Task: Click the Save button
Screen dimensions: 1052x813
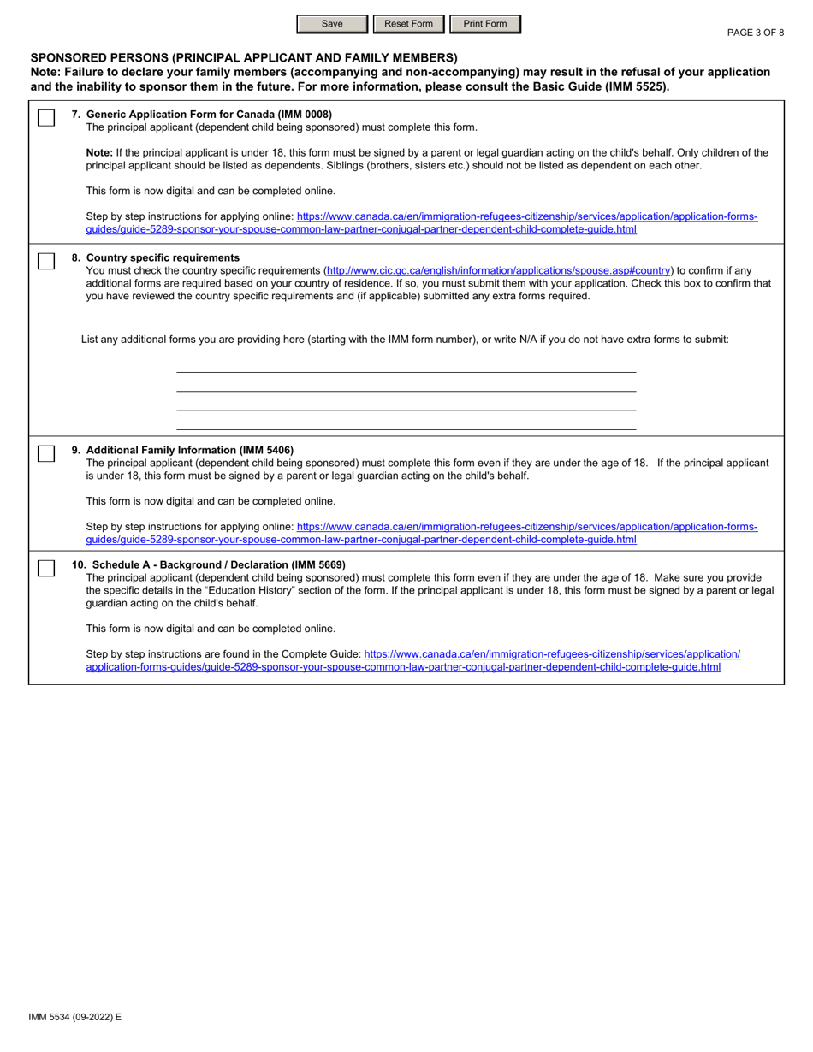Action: point(332,24)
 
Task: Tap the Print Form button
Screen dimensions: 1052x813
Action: point(484,24)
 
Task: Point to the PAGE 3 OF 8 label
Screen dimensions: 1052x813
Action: point(755,33)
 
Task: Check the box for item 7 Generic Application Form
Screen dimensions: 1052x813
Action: point(47,118)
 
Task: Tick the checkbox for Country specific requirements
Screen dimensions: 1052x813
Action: point(47,262)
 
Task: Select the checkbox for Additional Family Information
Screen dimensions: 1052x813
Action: point(47,454)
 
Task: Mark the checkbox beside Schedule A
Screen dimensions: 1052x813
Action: point(47,569)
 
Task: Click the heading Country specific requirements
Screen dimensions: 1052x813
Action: point(163,257)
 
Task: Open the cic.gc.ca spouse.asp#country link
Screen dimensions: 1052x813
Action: point(499,270)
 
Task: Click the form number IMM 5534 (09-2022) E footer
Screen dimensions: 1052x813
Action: point(75,1017)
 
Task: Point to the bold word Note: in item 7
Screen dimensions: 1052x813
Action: point(99,152)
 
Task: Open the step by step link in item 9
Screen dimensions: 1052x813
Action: point(526,527)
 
